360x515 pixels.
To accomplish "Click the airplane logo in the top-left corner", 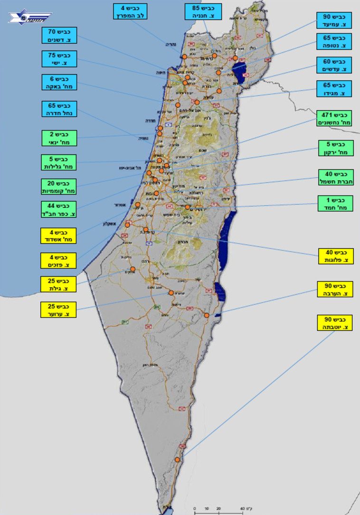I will point(29,18).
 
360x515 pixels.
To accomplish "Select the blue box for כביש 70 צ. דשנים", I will point(59,36).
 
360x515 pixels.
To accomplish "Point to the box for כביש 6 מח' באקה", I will point(59,83).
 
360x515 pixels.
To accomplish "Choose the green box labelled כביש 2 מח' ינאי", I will point(59,138).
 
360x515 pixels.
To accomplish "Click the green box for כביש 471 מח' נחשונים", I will point(335,118).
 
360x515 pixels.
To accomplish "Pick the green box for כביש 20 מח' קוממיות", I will point(59,187).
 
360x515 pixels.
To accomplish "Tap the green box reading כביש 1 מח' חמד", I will point(335,203).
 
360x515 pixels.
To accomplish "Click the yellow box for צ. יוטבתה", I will point(335,323).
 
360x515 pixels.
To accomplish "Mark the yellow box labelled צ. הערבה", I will point(335,289).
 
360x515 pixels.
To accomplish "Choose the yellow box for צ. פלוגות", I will point(335,256).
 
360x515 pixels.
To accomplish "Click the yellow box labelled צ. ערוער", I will point(58,309).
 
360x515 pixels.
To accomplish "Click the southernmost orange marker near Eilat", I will point(178,459).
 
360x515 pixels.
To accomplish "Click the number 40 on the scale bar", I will point(243,509).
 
